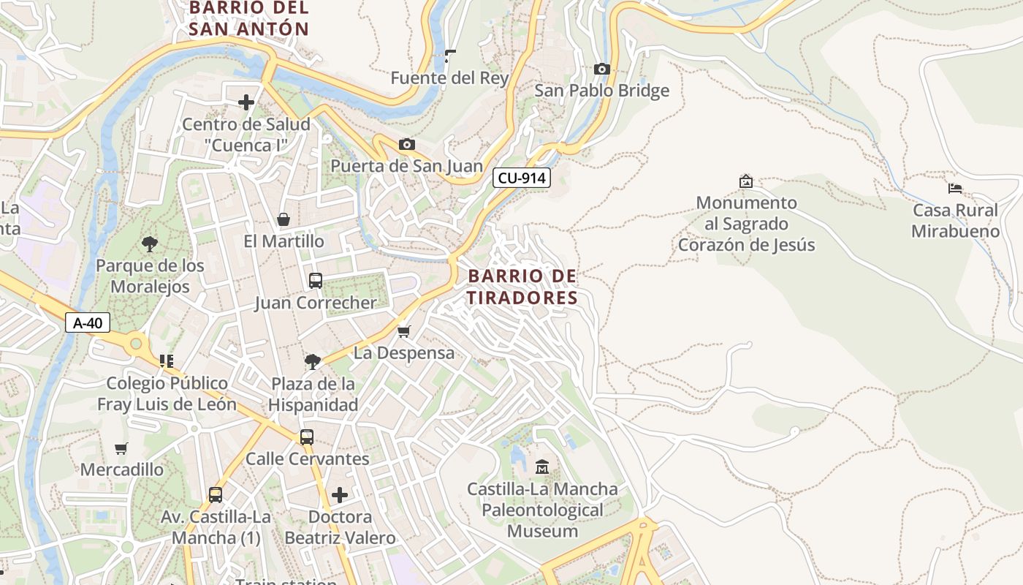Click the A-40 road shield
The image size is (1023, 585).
click(88, 322)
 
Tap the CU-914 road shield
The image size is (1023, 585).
click(521, 178)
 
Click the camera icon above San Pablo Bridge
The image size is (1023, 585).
click(602, 69)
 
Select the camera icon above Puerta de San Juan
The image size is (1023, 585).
click(407, 144)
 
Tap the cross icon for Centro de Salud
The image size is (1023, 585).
click(246, 102)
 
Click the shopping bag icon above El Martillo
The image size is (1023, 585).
click(284, 219)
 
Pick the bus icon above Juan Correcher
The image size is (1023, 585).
click(316, 280)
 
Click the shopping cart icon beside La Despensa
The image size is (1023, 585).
click(404, 331)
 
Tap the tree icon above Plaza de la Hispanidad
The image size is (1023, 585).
click(313, 361)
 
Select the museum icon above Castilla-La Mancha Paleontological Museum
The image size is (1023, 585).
click(542, 467)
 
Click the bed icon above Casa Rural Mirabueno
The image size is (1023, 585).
click(954, 188)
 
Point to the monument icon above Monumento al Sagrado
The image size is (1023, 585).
click(746, 181)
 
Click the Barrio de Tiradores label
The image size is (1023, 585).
click(522, 287)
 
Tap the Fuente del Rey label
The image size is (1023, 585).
click(449, 78)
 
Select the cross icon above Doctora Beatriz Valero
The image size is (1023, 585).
click(340, 495)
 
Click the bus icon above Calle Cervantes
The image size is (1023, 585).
click(307, 437)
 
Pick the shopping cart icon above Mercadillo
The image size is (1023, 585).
click(121, 448)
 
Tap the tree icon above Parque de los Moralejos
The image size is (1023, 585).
click(151, 244)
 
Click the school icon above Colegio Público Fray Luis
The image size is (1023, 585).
click(167, 361)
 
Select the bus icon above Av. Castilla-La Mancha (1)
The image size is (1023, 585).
click(216, 494)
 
